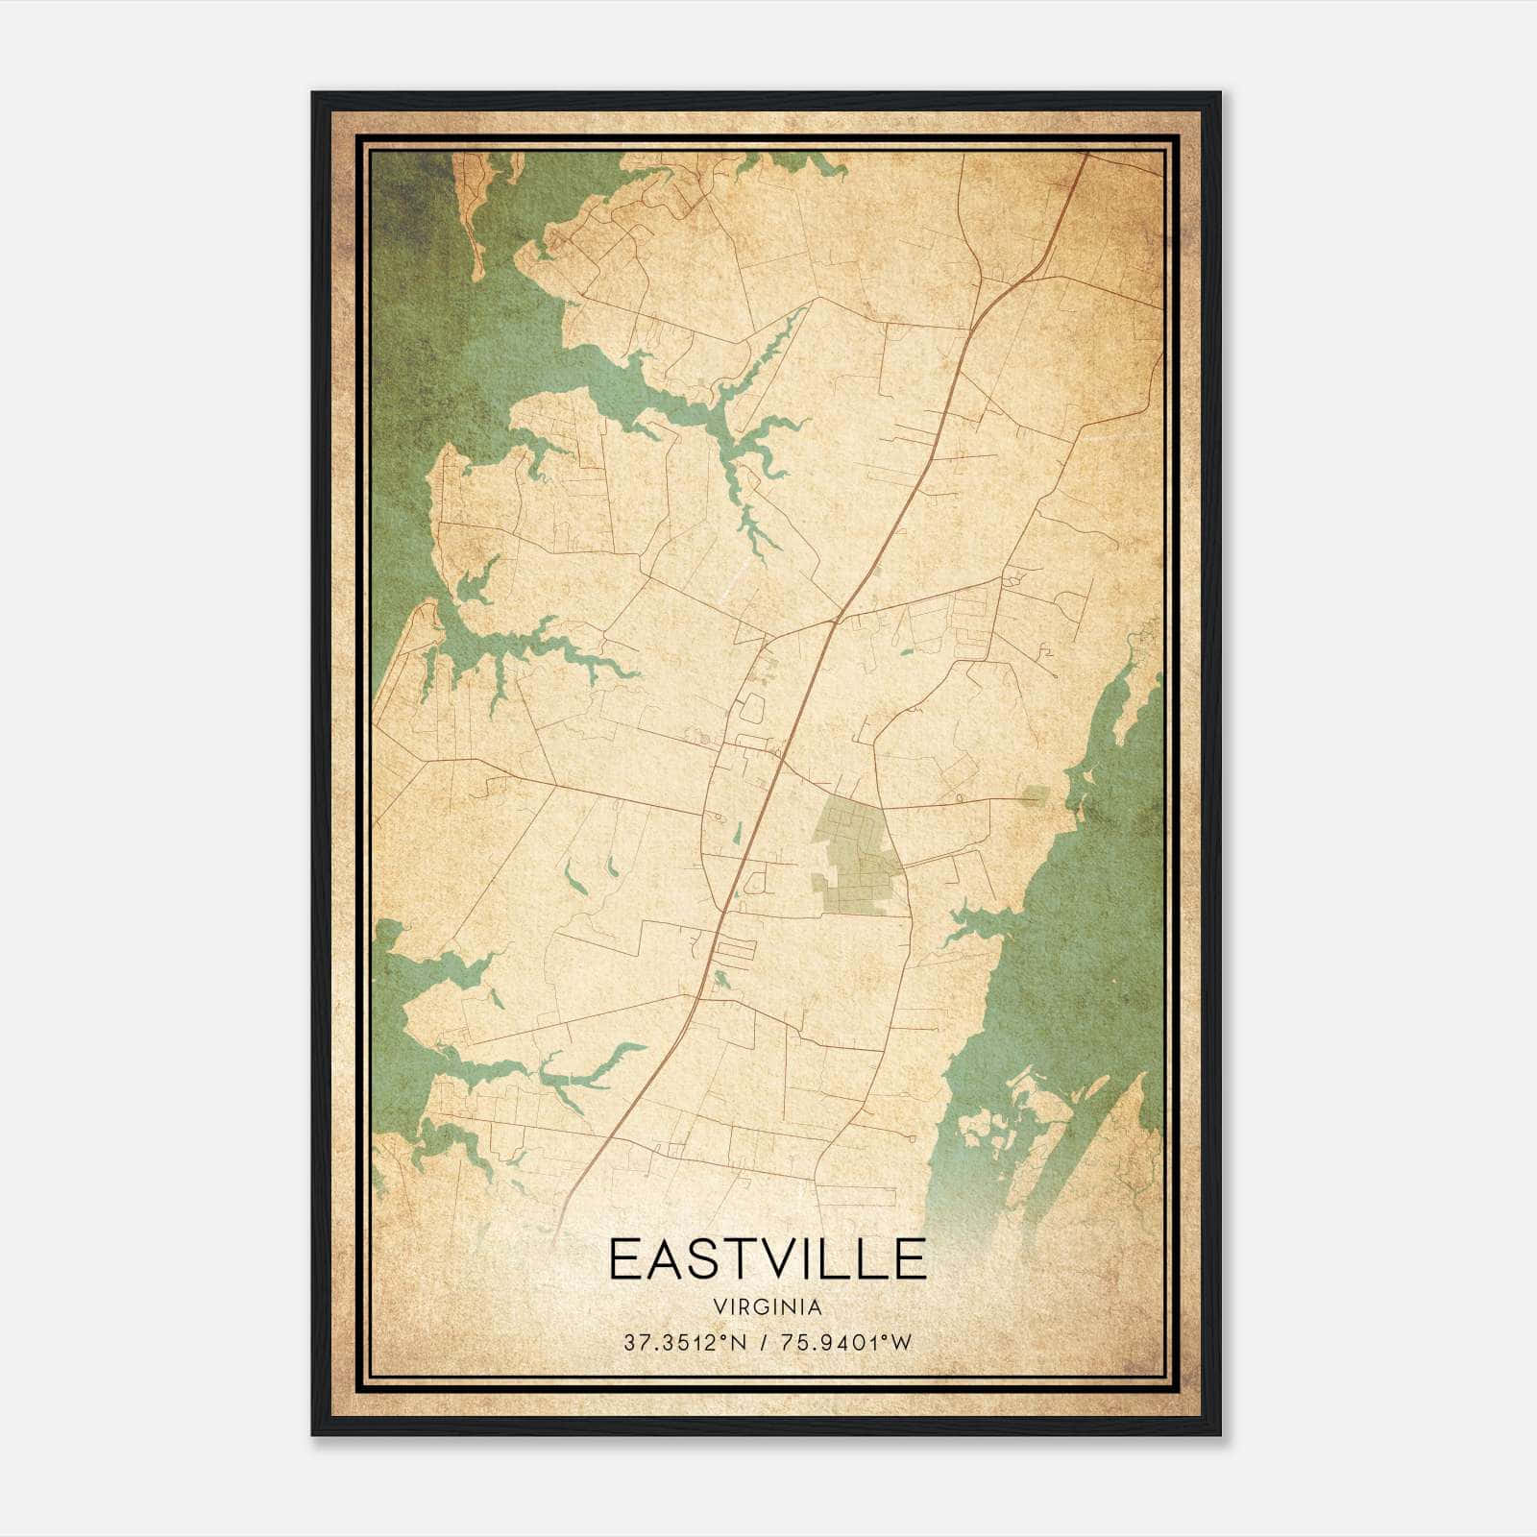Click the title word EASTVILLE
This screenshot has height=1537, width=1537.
click(768, 1259)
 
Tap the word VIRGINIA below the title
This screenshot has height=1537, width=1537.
click(768, 1307)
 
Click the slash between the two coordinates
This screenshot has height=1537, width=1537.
click(760, 1343)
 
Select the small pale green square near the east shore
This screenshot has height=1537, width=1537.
click(1035, 794)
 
